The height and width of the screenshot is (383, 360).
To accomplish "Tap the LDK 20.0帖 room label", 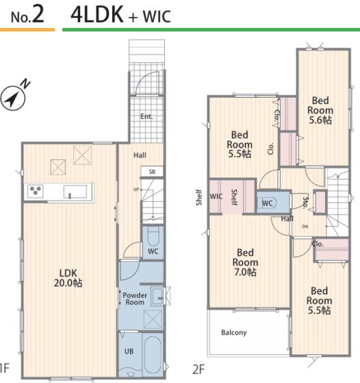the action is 68,278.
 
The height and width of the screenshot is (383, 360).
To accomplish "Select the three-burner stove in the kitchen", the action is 36,191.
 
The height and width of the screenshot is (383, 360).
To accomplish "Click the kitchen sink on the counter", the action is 75,191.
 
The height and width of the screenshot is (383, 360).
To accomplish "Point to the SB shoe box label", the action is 152,172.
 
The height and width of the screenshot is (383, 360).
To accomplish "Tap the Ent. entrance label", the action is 146,116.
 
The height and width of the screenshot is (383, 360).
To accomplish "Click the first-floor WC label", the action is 153,251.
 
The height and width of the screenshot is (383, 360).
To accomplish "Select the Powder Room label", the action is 135,299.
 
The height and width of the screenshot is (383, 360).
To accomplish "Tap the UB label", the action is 129,352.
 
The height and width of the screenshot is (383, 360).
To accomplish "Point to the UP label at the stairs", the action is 136,189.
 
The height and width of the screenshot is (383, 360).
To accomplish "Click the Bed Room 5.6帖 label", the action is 320,110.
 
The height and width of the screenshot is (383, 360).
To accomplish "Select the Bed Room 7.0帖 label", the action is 245,263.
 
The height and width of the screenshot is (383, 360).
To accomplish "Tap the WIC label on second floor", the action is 216,196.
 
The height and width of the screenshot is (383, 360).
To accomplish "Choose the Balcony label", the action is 234,332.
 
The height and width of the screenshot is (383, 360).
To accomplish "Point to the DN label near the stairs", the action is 305,226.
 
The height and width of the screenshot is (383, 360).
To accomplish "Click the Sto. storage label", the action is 305,202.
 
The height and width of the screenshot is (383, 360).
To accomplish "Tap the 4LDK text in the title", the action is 97,15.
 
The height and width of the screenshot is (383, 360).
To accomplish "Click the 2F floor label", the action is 198,369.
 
